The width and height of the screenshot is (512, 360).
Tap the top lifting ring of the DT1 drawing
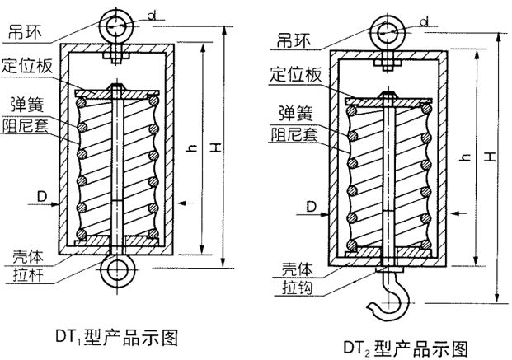tap(116, 24)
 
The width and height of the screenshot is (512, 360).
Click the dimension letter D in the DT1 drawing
tap(40, 196)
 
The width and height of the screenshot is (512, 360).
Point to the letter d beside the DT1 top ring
tap(153, 14)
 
